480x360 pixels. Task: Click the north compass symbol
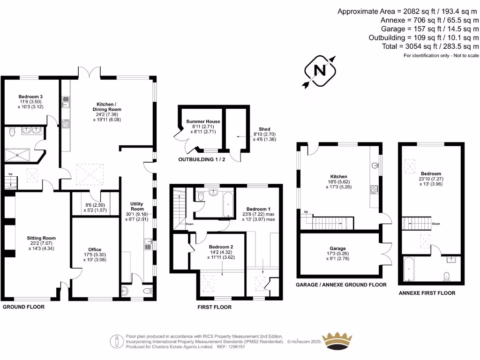(x=321, y=70)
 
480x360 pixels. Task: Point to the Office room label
(x=95, y=249)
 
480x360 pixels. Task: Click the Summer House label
(x=203, y=121)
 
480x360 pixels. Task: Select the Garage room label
(x=337, y=248)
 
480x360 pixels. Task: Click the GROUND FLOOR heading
(x=23, y=307)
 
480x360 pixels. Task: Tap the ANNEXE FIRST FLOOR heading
(x=427, y=293)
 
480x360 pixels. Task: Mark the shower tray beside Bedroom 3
(x=17, y=155)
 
